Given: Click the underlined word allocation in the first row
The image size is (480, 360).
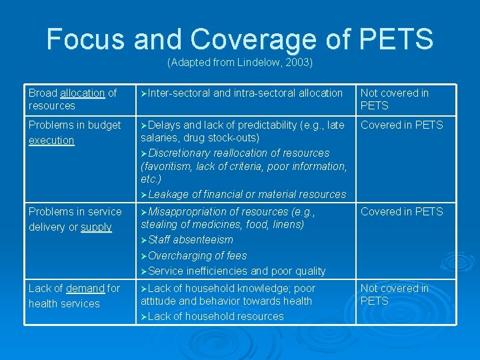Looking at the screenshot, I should [x=82, y=93].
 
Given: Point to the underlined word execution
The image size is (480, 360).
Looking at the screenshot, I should [x=51, y=141].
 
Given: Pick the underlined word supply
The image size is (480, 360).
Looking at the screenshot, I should [x=96, y=227].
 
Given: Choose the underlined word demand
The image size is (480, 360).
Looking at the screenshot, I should [x=85, y=289].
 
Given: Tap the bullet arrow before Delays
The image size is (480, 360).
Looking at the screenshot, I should [x=144, y=125].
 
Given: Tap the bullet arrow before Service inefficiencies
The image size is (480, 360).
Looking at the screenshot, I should [x=144, y=271].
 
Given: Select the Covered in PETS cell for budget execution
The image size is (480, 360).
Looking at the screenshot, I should [x=401, y=125].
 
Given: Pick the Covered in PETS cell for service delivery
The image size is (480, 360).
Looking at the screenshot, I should [x=401, y=211].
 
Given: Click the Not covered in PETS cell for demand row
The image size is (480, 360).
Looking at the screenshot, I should [x=395, y=295].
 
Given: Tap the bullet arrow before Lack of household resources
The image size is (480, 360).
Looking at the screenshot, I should [x=144, y=317].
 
